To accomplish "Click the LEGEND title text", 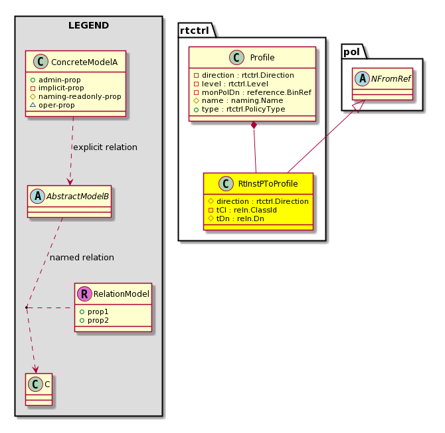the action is click(x=88, y=25).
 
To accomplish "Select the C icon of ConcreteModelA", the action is click(x=41, y=62).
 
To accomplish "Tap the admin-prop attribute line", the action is click(x=55, y=80).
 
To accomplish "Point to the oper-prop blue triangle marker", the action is click(x=33, y=105).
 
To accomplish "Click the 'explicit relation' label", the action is click(x=106, y=147).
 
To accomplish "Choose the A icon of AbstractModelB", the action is click(x=38, y=197).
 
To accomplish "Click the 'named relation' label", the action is click(x=82, y=258).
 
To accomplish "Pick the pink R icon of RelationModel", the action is click(x=84, y=294).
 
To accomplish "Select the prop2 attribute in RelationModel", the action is click(x=94, y=320).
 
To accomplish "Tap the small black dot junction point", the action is click(x=27, y=307).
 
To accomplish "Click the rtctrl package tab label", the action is click(x=195, y=31).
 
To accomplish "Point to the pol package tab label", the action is click(x=351, y=52).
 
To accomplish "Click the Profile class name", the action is click(x=262, y=58).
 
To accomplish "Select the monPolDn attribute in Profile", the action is click(x=252, y=92).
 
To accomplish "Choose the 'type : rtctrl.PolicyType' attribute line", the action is click(x=240, y=109).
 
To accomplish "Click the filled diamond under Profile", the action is click(x=254, y=125).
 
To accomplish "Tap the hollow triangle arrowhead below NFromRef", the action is click(x=359, y=106).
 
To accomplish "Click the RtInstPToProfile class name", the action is click(x=268, y=184).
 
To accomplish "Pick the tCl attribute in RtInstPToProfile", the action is click(x=242, y=210).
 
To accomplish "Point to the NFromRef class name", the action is click(x=391, y=79).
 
